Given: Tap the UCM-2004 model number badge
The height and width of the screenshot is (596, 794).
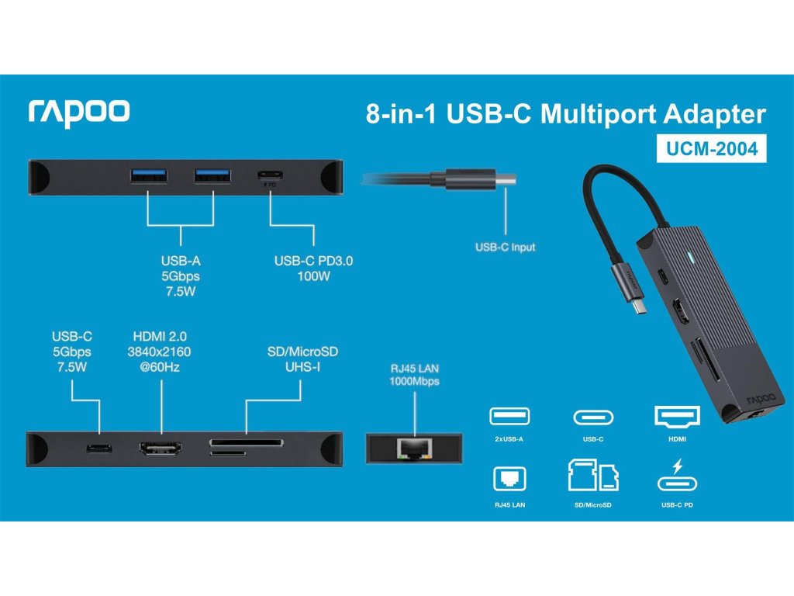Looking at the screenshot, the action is pyautogui.click(x=712, y=148).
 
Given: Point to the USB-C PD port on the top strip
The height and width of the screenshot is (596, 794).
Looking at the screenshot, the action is pyautogui.click(x=270, y=175).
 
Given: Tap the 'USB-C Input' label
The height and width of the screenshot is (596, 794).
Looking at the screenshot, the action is pyautogui.click(x=505, y=248).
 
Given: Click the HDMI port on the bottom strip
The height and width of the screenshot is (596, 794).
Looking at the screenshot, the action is pyautogui.click(x=161, y=449).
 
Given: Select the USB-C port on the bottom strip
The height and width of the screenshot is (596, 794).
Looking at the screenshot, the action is pyautogui.click(x=98, y=449).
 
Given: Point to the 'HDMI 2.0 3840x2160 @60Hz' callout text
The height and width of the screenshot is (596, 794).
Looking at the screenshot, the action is pyautogui.click(x=160, y=350).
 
